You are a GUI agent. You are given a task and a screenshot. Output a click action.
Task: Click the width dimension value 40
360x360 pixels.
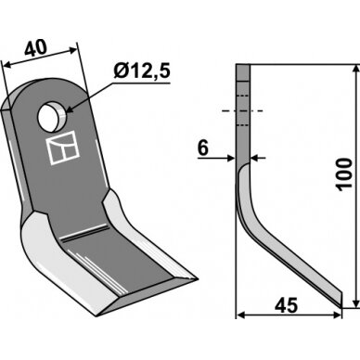[x=36, y=48]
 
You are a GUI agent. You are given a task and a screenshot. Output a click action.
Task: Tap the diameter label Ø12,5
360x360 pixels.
[x=142, y=71]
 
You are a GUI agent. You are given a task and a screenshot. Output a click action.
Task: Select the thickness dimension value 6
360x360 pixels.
[x=203, y=148]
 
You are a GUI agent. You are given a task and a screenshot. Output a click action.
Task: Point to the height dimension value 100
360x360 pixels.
[x=345, y=174]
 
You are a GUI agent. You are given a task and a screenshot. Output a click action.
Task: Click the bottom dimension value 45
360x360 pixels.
[x=287, y=305]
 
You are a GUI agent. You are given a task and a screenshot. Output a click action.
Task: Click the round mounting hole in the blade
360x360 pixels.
[x=51, y=118]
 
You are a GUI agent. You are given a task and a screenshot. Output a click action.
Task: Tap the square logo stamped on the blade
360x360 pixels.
[x=63, y=148]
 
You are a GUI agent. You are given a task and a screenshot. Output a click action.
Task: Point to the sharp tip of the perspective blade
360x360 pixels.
[x=197, y=278]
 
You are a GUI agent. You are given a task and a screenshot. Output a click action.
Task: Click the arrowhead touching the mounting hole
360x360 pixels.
[x=69, y=109]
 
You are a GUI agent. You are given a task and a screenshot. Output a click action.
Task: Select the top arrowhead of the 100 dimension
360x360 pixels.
[x=356, y=70]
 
